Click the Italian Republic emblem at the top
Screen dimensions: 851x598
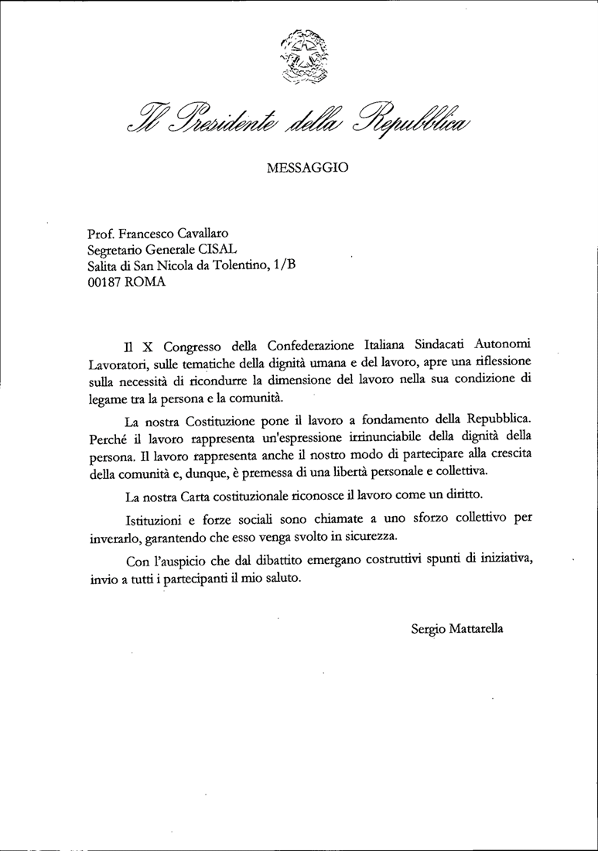click(301, 55)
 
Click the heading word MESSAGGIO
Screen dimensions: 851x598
click(307, 166)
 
